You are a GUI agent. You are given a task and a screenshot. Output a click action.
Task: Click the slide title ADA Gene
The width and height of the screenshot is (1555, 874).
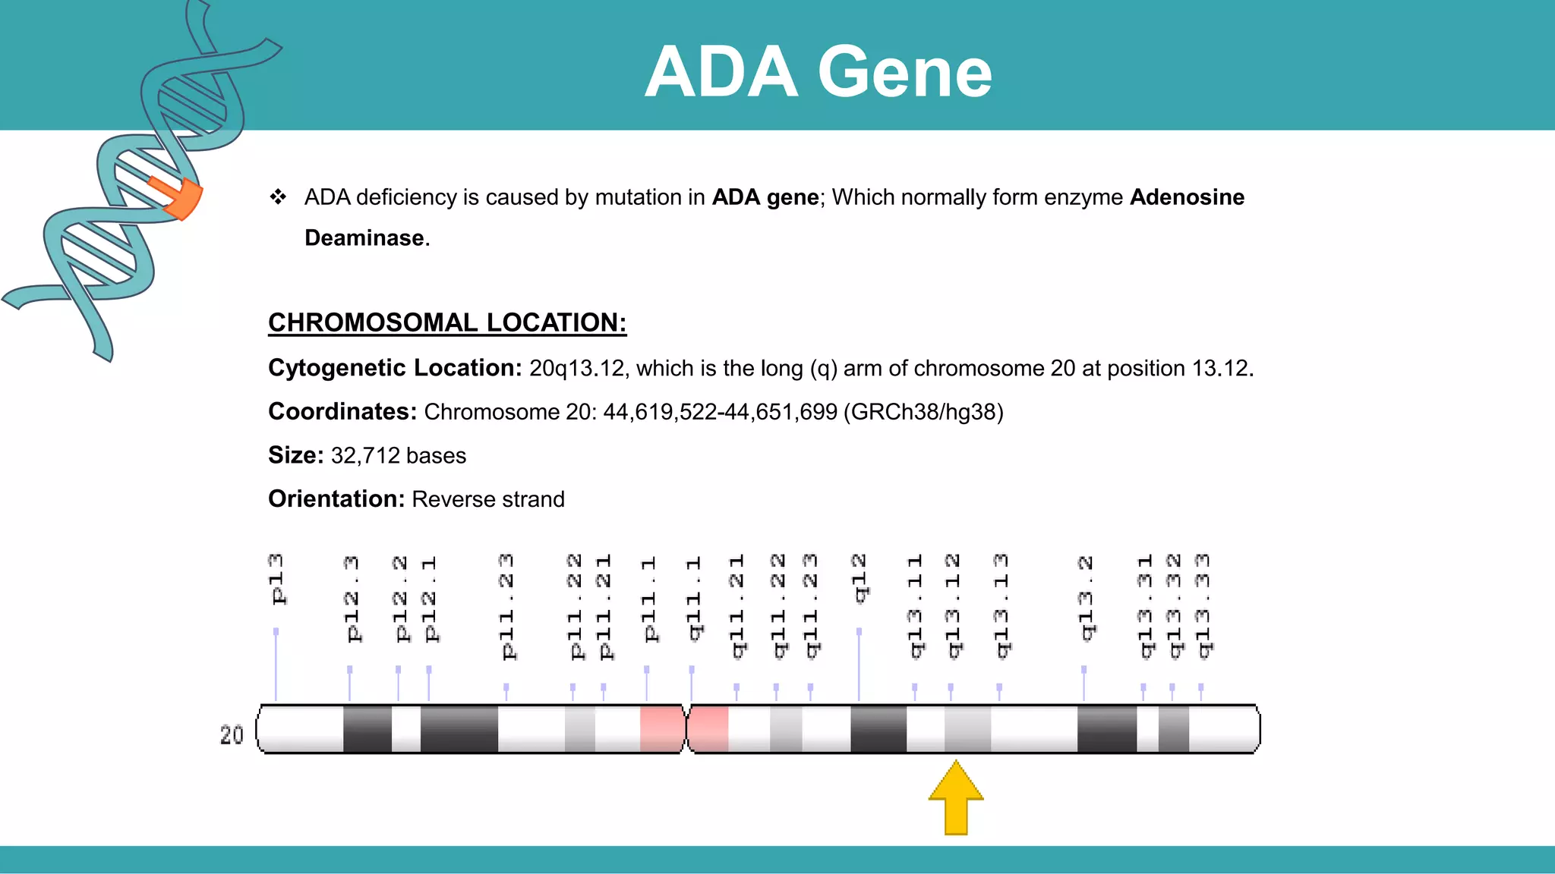point(818,71)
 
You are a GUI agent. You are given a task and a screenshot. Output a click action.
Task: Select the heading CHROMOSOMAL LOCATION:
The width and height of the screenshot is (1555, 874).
point(447,322)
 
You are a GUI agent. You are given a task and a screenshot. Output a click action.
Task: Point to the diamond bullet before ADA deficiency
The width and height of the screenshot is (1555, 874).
point(278,197)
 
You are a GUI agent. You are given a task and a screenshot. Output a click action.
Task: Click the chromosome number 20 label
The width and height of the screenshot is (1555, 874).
point(232,734)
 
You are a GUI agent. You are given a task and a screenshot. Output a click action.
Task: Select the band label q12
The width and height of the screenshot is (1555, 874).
point(860,578)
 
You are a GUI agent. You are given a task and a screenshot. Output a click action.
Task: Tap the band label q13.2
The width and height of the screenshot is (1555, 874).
point(1086,598)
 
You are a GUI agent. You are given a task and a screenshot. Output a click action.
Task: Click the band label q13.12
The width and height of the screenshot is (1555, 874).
point(953,606)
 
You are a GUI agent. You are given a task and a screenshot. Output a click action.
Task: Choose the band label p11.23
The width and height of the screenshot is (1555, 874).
point(507,606)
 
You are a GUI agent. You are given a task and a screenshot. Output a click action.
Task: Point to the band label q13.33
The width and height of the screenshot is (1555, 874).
point(1202,606)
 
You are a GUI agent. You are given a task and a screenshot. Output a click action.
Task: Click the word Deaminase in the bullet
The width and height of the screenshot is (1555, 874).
point(365,238)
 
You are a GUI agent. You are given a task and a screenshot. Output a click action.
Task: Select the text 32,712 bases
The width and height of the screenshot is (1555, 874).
point(399,455)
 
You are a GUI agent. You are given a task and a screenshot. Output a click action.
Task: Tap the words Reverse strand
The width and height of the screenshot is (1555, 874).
point(488,499)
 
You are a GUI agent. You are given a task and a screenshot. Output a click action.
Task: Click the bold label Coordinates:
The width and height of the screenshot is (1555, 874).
point(342,411)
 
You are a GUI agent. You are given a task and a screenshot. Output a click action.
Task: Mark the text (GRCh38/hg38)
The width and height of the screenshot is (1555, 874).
point(923,412)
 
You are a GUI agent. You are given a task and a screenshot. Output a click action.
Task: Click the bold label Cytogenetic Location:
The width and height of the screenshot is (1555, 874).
point(395,368)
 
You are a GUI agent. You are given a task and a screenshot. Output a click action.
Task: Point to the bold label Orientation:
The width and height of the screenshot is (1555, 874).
point(336,499)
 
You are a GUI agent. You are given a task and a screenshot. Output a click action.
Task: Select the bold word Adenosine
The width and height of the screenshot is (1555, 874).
point(1187,197)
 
